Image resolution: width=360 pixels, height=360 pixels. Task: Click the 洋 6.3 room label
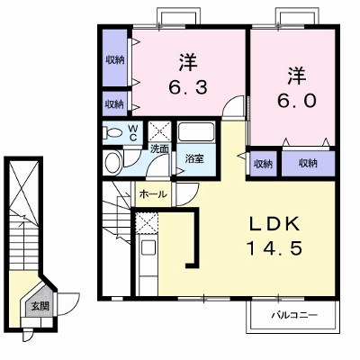pyautogui.click(x=188, y=74)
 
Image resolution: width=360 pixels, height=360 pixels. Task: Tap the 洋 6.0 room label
pyautogui.click(x=297, y=87)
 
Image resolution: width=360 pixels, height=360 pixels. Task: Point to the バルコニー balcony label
pyautogui.click(x=294, y=315)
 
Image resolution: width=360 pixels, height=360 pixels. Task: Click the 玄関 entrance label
pyautogui.click(x=40, y=306)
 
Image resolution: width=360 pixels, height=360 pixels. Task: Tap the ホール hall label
pyautogui.click(x=153, y=194)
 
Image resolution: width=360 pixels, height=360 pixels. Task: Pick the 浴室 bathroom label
pyautogui.click(x=194, y=158)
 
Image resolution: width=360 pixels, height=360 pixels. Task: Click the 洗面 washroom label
pyautogui.click(x=159, y=148)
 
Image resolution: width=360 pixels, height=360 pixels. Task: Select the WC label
pyautogui.click(x=133, y=132)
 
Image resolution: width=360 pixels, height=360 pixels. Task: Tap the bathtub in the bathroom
pyautogui.click(x=196, y=131)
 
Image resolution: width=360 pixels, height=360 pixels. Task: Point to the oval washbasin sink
pyautogui.click(x=112, y=164)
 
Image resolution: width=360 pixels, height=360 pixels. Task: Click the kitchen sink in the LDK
pyautogui.click(x=148, y=247)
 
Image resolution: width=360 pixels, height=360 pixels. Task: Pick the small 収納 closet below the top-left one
pyautogui.click(x=114, y=103)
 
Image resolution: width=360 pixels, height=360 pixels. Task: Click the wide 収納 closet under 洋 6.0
pyautogui.click(x=308, y=164)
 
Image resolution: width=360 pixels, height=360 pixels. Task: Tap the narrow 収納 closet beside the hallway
pyautogui.click(x=263, y=164)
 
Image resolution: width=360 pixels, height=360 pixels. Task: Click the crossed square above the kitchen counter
pyautogui.click(x=147, y=222)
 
